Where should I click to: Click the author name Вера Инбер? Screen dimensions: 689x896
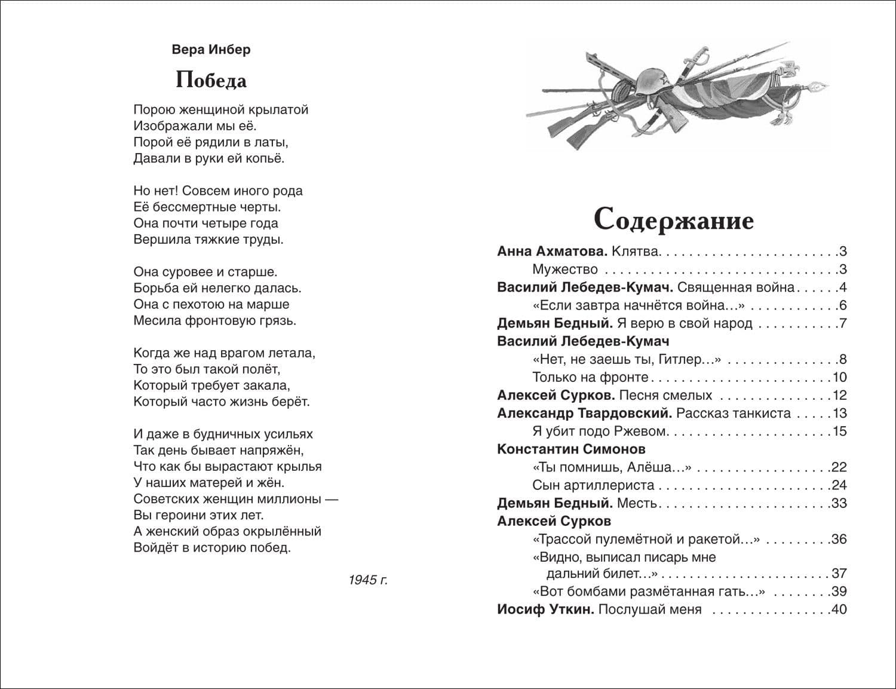(x=211, y=50)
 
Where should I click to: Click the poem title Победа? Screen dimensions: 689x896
(x=211, y=80)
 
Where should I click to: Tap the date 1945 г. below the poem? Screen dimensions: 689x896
(x=368, y=580)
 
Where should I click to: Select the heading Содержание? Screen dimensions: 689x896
(x=674, y=220)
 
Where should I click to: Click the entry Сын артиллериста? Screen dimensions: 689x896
(x=593, y=485)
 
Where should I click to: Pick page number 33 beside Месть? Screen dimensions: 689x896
(x=839, y=503)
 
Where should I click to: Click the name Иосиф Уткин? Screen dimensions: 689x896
(x=545, y=610)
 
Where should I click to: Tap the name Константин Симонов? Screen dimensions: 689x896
(x=571, y=449)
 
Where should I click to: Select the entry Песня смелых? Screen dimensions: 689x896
(x=665, y=395)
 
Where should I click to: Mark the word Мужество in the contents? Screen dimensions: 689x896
(x=564, y=269)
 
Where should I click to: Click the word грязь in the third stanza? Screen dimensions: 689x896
(x=278, y=321)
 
